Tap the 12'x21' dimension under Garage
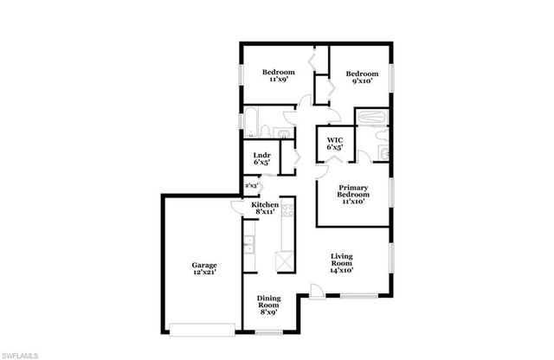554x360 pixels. pyautogui.click(x=204, y=273)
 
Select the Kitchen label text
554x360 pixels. pyautogui.click(x=265, y=204)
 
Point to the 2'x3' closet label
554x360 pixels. pyautogui.click(x=252, y=185)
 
